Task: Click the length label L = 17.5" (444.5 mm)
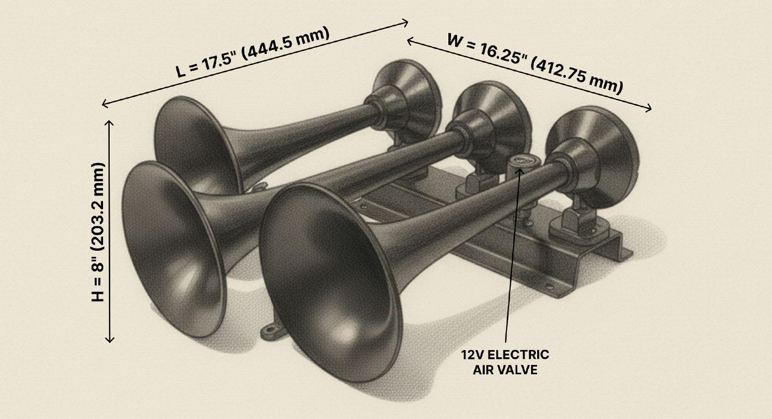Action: (x=253, y=52)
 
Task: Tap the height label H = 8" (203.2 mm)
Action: (x=98, y=232)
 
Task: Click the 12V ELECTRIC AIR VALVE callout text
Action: (x=505, y=362)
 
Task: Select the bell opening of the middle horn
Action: (x=172, y=248)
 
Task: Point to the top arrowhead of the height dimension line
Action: (x=110, y=122)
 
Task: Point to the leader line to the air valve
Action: (x=512, y=254)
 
